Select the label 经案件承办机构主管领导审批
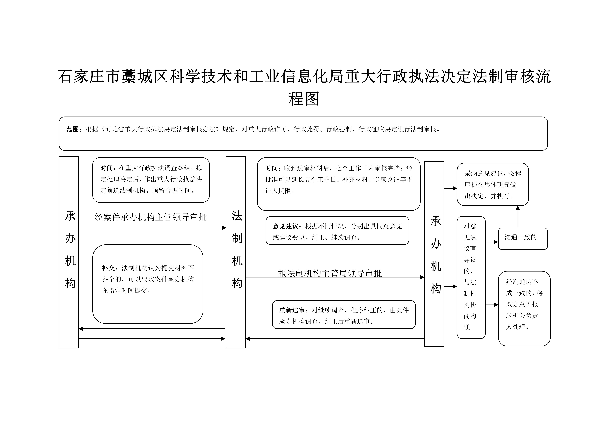[150, 217]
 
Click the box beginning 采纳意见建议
[493, 184]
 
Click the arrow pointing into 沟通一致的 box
[492, 242]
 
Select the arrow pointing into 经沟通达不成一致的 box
[492, 305]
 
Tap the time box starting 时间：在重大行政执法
[151, 180]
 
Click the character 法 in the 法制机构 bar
[237, 216]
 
